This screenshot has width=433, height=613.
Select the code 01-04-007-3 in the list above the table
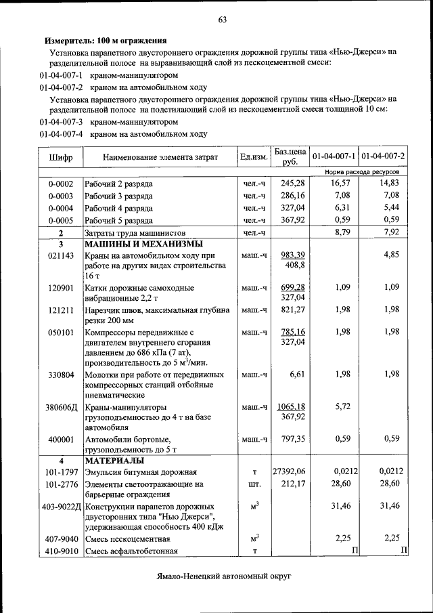point(61,123)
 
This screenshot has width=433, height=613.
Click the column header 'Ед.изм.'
point(254,157)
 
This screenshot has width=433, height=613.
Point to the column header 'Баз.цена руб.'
point(290,156)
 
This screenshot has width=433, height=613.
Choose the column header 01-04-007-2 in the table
point(383,156)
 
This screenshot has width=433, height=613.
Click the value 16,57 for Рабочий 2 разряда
point(340,184)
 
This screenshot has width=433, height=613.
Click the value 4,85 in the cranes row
point(392,255)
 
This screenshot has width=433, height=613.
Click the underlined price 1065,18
point(291,407)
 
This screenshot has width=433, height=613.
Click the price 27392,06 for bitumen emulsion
point(289,472)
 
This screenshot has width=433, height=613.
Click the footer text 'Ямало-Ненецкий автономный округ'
point(221,576)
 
